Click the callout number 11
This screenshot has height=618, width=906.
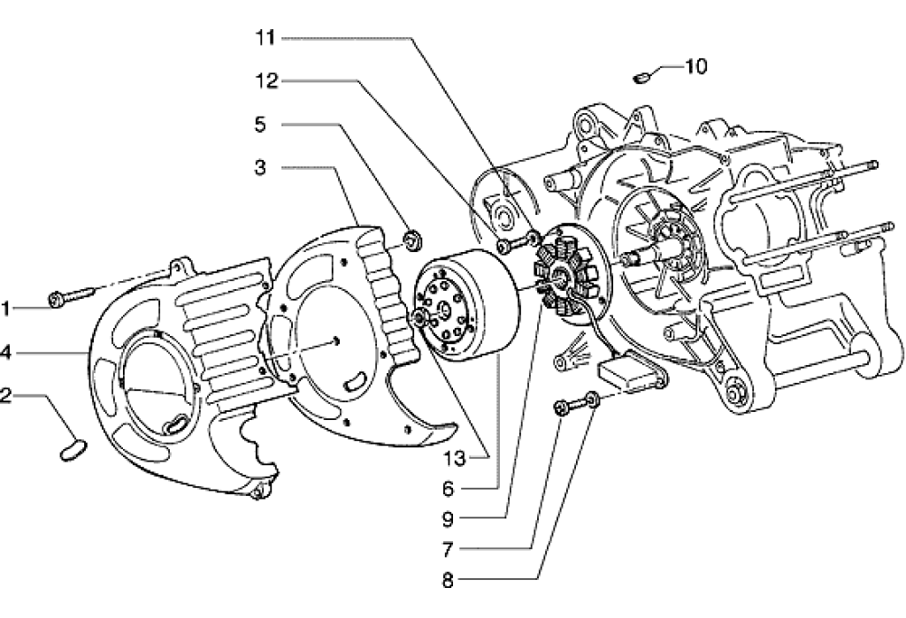pos(266,38)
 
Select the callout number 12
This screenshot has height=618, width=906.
pos(266,81)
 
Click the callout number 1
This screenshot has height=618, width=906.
pos(6,309)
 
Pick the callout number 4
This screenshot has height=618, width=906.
pos(6,352)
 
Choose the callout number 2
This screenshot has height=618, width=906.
pos(6,395)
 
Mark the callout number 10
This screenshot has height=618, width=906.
pos(695,66)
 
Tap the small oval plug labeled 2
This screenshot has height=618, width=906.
pos(69,452)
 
